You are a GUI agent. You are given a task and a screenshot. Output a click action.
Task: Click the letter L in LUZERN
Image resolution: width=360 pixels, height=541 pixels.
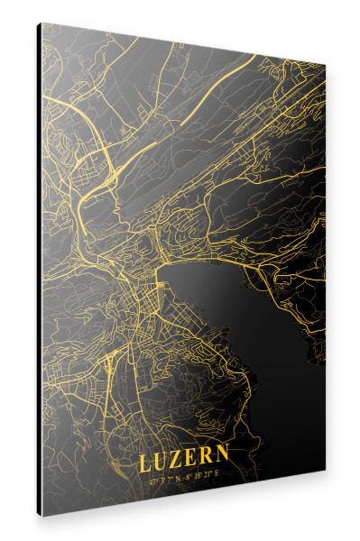click(x=144, y=464)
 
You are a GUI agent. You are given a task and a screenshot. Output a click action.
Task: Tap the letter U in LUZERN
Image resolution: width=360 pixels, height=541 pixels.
click(x=161, y=463)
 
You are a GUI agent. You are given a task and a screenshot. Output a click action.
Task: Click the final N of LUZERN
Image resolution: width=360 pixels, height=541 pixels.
click(x=223, y=455)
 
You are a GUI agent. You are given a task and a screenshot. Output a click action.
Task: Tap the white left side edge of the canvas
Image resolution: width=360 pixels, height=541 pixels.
click(x=39, y=270)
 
